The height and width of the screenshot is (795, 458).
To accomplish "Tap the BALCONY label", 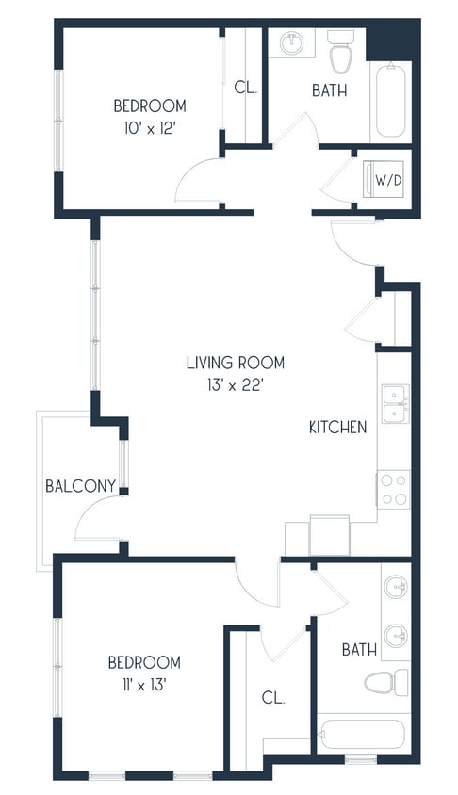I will [x=81, y=486].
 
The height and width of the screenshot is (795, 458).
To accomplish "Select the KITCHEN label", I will [x=338, y=428].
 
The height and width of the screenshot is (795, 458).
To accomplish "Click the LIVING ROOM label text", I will [x=235, y=363].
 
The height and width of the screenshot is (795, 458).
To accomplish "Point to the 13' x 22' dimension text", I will [x=235, y=384].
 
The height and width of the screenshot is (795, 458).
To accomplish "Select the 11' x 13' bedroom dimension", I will [x=144, y=685].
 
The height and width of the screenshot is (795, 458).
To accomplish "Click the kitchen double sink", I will [x=394, y=404].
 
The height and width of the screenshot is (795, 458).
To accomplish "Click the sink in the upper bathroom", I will [x=291, y=42].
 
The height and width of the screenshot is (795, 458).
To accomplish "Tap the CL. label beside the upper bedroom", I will [x=246, y=89].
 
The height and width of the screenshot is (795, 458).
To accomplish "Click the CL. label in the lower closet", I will [x=274, y=698].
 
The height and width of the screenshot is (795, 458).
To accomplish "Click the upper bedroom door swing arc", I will [x=198, y=181].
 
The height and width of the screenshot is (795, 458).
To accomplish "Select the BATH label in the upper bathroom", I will [x=329, y=91].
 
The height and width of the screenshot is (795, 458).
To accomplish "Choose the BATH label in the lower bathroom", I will [x=359, y=650].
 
